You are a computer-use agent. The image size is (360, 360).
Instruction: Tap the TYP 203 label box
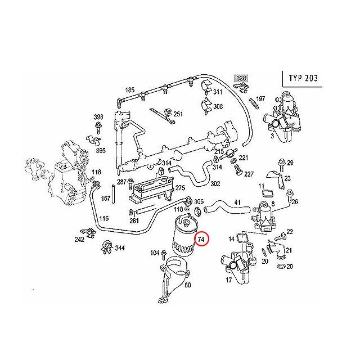[303, 78]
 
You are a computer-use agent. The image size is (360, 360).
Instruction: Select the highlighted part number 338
[241, 79]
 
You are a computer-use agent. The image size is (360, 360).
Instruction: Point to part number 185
[129, 90]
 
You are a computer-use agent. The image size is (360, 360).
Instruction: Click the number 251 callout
[178, 114]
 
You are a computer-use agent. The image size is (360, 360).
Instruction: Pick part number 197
[260, 99]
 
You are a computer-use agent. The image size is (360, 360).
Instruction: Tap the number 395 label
[101, 151]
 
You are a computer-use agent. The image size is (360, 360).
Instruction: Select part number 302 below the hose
[200, 183]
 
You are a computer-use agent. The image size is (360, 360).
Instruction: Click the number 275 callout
[180, 188]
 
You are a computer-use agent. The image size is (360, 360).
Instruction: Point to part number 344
[120, 247]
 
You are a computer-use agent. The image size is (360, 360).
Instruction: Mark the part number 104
[155, 254]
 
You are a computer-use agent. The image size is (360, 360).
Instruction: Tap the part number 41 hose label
[237, 202]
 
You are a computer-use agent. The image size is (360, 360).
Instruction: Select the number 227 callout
[248, 174]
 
